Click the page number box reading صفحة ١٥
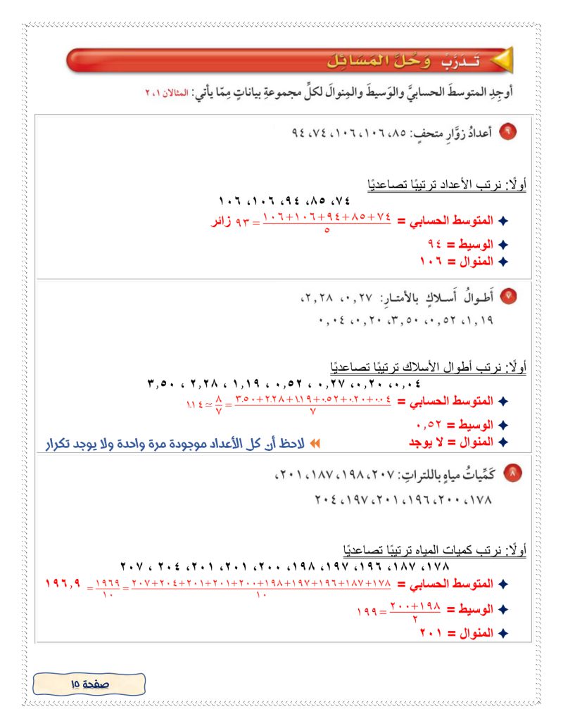89,683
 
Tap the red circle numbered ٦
507,132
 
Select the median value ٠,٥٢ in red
430,425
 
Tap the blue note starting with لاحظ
176,444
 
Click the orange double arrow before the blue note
315,444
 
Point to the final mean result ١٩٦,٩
63,584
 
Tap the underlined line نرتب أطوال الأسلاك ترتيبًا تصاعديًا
426,367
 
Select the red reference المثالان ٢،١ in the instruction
169,94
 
